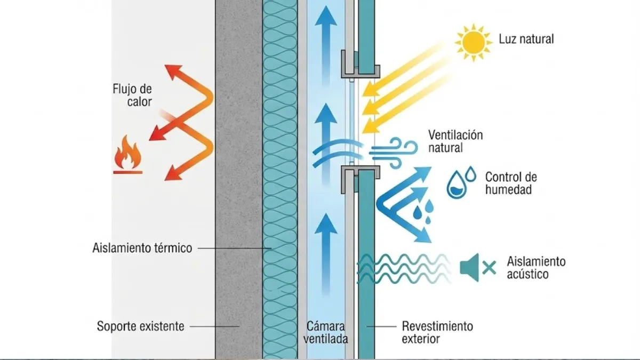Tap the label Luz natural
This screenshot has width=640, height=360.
click(526, 39)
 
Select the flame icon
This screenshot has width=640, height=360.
click(127, 155)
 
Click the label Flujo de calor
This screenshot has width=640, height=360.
click(132, 94)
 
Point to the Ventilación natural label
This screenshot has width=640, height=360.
click(455, 141)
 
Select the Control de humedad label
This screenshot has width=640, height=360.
click(510, 183)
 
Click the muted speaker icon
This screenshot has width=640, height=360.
click(469, 267)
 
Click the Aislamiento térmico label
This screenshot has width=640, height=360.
click(141, 249)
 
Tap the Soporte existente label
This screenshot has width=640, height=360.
click(140, 325)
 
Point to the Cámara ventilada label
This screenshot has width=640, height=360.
click(325, 331)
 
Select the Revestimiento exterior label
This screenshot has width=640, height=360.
click(437, 331)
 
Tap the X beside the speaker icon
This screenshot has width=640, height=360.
click(489, 267)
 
